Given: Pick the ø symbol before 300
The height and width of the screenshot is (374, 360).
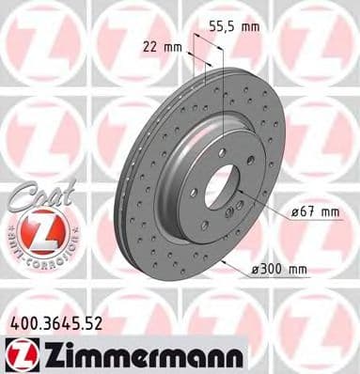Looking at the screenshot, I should tap(255, 271).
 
